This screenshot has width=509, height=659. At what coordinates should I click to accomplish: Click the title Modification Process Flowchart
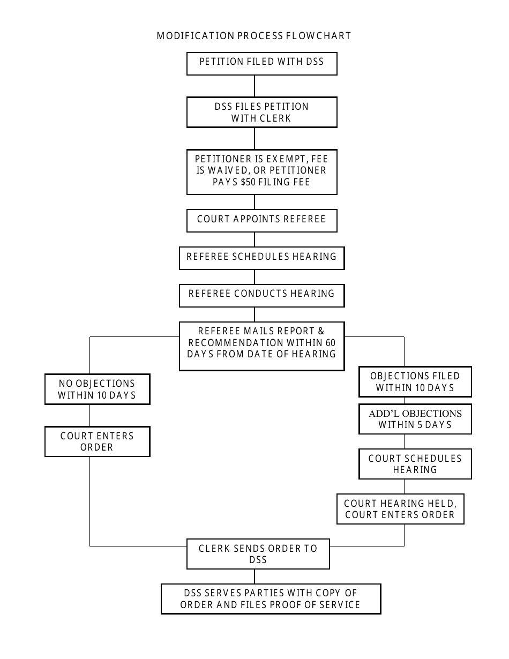[254, 36]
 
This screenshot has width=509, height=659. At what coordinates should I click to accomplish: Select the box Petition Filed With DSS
[261, 63]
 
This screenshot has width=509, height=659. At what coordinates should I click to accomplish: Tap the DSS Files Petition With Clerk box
[261, 112]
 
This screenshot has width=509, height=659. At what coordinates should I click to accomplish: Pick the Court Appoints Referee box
[261, 220]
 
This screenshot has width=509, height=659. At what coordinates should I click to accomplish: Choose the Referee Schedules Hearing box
[261, 257]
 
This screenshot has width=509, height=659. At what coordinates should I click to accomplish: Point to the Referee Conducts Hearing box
[261, 295]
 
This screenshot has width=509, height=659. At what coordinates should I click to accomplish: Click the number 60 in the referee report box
[330, 342]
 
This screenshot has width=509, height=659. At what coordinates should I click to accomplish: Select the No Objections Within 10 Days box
[97, 390]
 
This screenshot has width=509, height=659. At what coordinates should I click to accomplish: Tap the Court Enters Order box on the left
[97, 441]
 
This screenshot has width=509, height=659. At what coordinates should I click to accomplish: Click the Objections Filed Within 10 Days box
[415, 381]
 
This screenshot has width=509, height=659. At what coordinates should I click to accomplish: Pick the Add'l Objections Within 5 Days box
[415, 419]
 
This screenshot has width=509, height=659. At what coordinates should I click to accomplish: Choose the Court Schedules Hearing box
[415, 464]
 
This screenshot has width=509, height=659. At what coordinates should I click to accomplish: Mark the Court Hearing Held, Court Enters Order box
[400, 509]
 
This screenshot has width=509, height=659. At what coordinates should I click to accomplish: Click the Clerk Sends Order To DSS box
[258, 554]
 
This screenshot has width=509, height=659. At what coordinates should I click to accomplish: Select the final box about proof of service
[271, 599]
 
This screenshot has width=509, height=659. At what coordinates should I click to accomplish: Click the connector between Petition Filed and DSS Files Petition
[254, 86]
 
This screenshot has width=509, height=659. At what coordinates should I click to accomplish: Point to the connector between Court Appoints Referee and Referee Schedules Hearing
[254, 239]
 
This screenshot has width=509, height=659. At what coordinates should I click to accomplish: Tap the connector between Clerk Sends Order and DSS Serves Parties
[254, 576]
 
